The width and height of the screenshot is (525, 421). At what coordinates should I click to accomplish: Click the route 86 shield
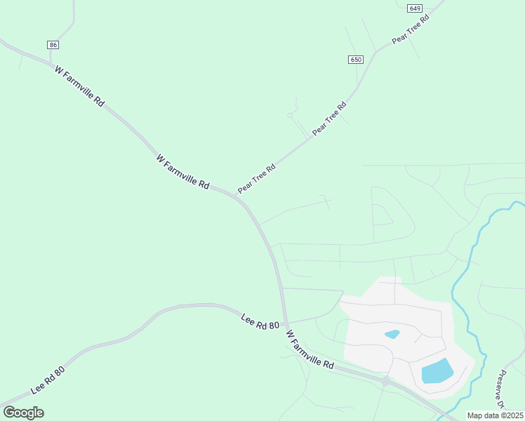point(53,44)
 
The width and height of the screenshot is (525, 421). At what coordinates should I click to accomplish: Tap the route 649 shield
point(415,8)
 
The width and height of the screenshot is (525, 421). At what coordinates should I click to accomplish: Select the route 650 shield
point(355,60)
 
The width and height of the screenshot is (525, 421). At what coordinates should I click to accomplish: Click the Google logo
point(23,412)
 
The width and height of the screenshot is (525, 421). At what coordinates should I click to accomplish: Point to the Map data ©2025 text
point(495,415)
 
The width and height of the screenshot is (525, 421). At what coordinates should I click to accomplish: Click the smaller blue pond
point(392,334)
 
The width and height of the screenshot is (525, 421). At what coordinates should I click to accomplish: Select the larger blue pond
point(437,370)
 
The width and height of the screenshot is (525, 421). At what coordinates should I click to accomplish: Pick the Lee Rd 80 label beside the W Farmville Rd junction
point(260,322)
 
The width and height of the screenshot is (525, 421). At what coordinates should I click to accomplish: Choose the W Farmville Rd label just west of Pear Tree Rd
point(182,172)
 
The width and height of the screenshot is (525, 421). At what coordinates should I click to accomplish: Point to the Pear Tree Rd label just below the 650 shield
point(329,119)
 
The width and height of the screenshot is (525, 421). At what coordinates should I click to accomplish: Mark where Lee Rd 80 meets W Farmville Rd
point(286,323)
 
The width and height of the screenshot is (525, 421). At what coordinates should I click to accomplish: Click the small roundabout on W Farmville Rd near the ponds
point(385,380)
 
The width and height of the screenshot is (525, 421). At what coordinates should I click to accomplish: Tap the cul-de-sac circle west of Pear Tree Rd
point(289,115)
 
